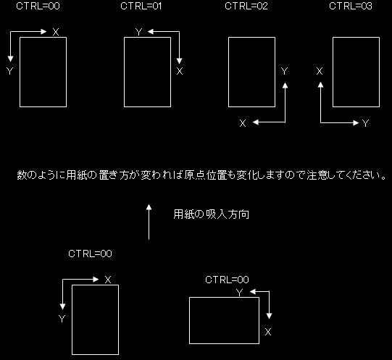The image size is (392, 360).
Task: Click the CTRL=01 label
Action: click(141, 6)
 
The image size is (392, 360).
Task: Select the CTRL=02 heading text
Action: click(246, 6)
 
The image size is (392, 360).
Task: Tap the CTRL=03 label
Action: click(351, 6)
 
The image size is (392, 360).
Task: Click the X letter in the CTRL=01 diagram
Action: click(180, 71)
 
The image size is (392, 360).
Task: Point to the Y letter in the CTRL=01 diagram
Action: click(138, 32)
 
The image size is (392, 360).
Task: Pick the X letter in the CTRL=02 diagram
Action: click(243, 123)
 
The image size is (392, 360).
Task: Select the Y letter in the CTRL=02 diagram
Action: click(284, 71)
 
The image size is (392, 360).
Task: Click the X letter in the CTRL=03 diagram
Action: click(320, 71)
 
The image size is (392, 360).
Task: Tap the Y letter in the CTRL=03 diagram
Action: click(365, 123)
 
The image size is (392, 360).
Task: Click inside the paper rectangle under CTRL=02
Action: click(251, 72)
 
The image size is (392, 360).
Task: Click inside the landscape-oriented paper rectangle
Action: click(224, 320)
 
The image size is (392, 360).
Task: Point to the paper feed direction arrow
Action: click(149, 222)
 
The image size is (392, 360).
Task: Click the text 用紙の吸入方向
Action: click(212, 214)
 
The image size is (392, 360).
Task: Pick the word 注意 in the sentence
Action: click(317, 175)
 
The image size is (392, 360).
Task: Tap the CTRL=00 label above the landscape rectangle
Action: click(227, 280)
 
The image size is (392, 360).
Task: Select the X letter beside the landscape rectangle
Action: click(268, 332)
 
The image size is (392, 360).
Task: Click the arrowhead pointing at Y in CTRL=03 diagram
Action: click(356, 122)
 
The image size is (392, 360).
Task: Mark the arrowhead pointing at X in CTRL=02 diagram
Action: click(256, 122)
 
